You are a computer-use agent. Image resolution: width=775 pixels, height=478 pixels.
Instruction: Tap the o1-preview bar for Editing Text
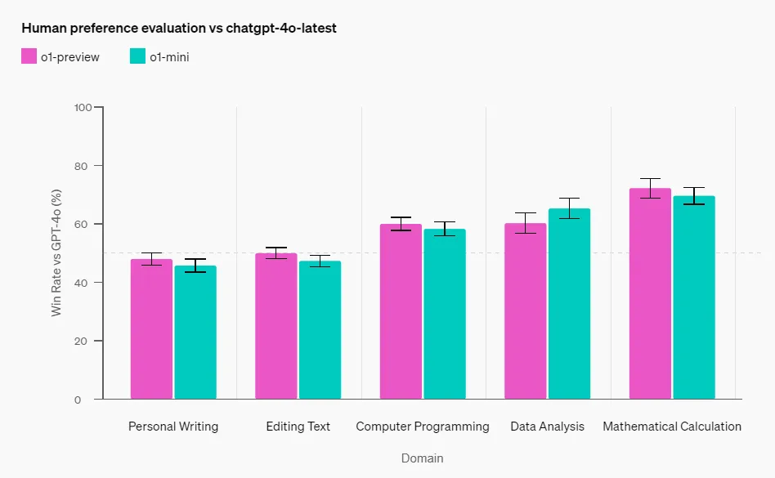coord(276,326)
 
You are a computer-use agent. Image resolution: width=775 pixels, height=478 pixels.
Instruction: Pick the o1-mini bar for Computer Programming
coord(445,315)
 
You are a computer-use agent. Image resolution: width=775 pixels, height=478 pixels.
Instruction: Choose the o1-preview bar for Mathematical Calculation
coord(650,294)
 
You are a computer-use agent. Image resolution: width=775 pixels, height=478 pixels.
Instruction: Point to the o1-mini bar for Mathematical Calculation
coord(694,297)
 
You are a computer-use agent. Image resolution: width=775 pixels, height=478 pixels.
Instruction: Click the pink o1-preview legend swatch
coord(29,56)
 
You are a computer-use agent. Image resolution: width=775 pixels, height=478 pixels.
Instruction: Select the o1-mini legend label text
coord(169,57)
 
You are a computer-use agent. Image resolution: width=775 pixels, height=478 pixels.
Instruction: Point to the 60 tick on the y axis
coord(83,224)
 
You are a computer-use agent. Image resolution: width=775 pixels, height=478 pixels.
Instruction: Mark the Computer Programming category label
coord(423,427)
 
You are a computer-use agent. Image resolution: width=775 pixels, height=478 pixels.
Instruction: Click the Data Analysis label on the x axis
coord(547,427)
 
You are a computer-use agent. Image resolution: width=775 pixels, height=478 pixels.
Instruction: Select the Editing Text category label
coord(298,427)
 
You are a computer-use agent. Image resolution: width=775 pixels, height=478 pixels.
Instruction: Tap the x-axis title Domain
coord(422,458)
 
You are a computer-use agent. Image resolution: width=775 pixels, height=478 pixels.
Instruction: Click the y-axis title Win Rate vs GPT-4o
coord(57,253)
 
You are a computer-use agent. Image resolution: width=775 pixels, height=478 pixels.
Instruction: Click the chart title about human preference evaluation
coord(179,28)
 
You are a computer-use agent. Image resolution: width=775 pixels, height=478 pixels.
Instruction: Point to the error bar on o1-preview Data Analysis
coord(526,223)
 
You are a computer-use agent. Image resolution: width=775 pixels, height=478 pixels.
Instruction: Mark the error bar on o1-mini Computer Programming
coord(445,229)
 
